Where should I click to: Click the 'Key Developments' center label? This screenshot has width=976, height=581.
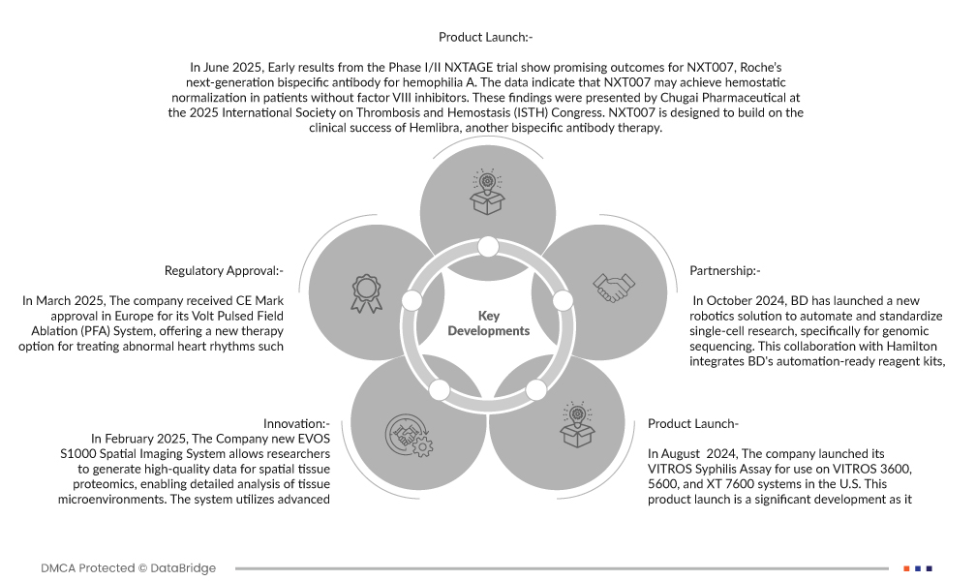pyautogui.click(x=489, y=323)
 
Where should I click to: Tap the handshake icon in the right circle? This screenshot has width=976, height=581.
pyautogui.click(x=614, y=287)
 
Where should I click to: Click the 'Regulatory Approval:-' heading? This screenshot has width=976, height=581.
pyautogui.click(x=224, y=270)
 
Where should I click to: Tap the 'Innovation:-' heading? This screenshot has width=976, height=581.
pyautogui.click(x=296, y=423)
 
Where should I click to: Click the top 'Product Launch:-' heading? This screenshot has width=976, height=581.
pyautogui.click(x=486, y=37)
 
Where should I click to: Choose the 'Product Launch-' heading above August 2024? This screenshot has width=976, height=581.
pyautogui.click(x=693, y=423)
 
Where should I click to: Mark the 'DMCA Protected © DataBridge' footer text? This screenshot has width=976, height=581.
pyautogui.click(x=129, y=568)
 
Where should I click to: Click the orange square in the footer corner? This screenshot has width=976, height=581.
pyautogui.click(x=906, y=568)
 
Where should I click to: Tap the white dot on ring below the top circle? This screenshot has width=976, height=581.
pyautogui.click(x=488, y=246)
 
